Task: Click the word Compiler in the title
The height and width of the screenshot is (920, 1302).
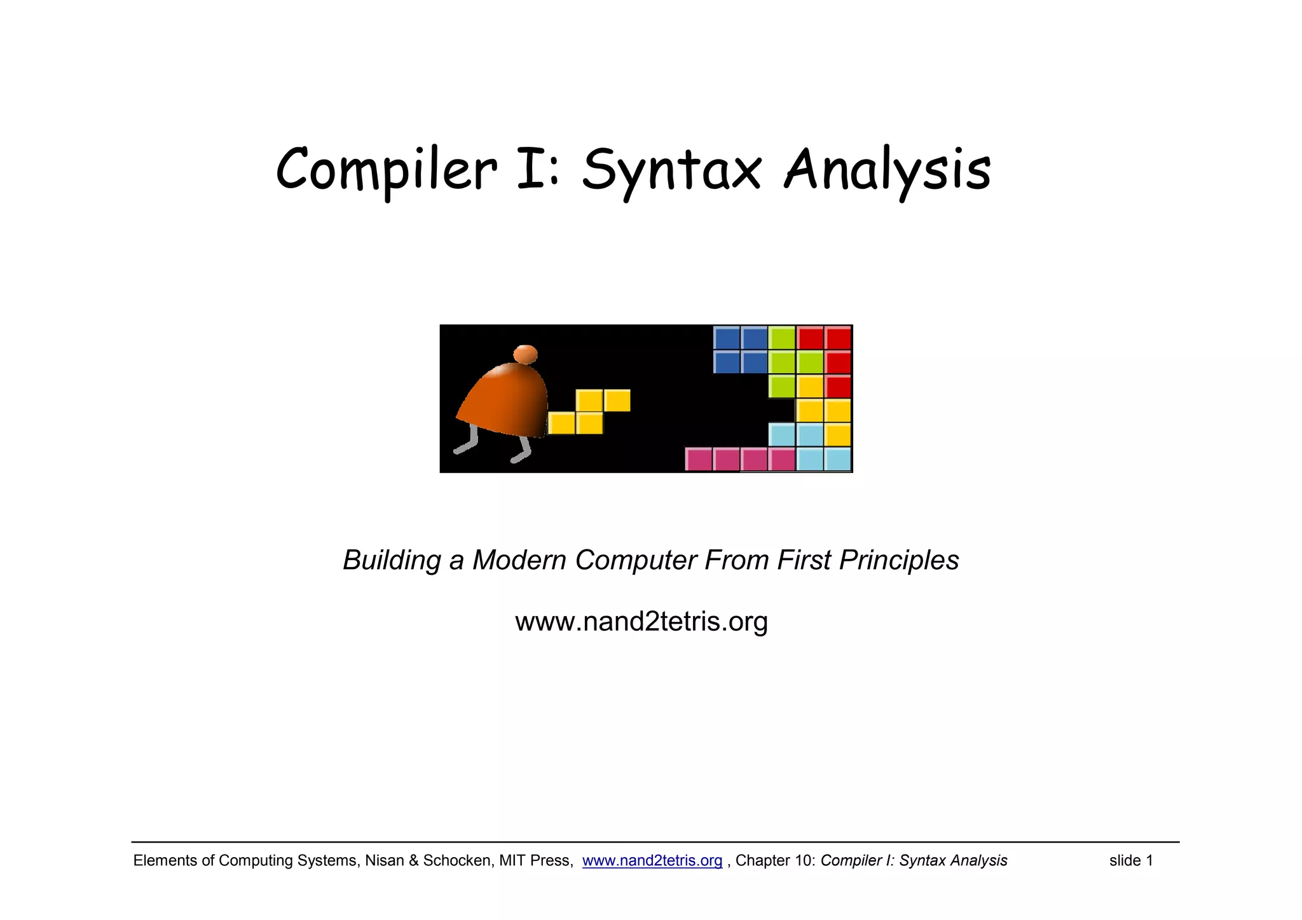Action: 386,169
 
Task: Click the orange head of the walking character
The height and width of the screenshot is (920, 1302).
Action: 525,354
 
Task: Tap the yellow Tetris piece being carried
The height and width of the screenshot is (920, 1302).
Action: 589,411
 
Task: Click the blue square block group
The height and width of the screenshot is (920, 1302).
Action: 740,350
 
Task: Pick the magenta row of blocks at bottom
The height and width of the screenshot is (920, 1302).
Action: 740,459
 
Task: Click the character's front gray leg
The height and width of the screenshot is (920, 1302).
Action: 523,449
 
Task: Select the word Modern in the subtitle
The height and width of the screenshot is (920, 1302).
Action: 519,560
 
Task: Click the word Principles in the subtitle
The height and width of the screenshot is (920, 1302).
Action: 899,560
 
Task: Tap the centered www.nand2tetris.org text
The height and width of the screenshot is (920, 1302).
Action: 641,621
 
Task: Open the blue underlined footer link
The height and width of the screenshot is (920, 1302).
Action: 652,861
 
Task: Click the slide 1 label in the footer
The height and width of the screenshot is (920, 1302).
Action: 1131,861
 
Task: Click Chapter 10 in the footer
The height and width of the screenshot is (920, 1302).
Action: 774,861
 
